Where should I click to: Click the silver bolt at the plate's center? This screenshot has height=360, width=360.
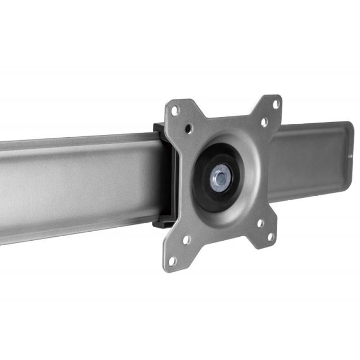tap(220, 179)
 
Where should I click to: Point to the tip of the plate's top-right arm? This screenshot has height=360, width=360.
tap(278, 100)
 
